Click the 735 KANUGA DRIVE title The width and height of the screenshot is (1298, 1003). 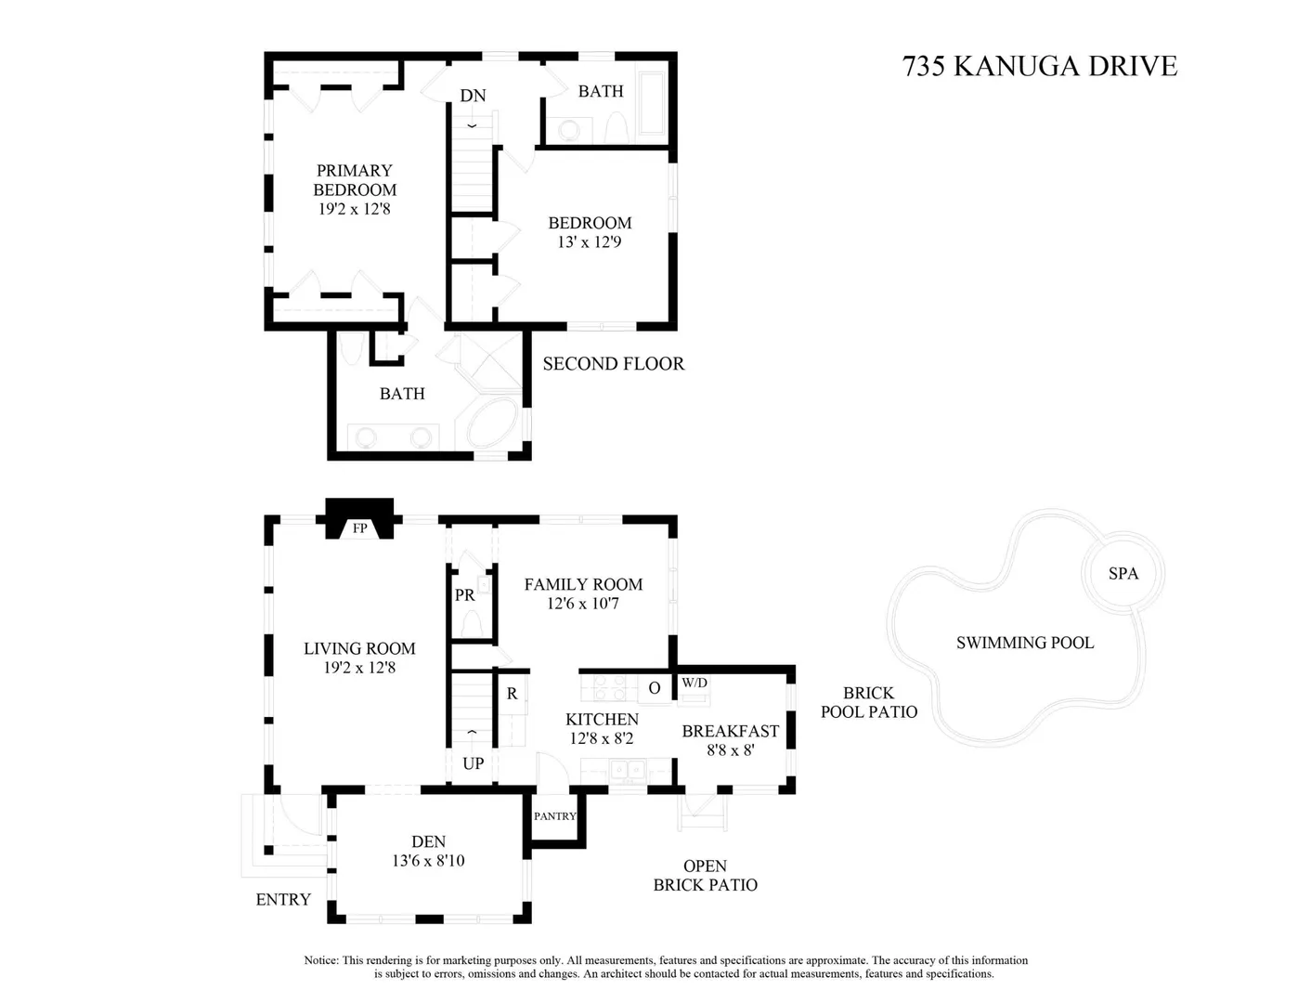pos(1039,66)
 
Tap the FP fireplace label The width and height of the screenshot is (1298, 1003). pos(359,528)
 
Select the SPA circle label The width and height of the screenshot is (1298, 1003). pos(1123,574)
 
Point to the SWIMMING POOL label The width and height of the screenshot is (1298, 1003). pos(1025,643)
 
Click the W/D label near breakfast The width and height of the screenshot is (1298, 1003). pos(694,683)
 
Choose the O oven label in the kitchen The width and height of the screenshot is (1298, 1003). pos(654,688)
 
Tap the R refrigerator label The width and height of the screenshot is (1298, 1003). pos(512,694)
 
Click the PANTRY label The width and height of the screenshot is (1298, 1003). pos(555,816)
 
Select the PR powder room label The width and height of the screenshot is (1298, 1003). pos(465,595)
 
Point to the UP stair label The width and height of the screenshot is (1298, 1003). pos(474,763)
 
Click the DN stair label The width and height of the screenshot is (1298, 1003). pos(473,96)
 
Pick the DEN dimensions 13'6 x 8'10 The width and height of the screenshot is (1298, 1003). pos(428,861)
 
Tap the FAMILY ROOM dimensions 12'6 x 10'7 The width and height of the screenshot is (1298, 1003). pos(583,604)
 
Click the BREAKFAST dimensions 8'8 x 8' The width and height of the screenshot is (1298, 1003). pos(731,749)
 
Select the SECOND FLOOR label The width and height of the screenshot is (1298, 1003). pos(614,364)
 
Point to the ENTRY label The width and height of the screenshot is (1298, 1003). pos(283,899)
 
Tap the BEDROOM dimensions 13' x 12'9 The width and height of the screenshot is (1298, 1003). pos(589,242)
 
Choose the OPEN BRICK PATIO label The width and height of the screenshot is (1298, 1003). pos(705,875)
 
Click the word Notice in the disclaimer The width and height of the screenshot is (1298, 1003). pos(320,960)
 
